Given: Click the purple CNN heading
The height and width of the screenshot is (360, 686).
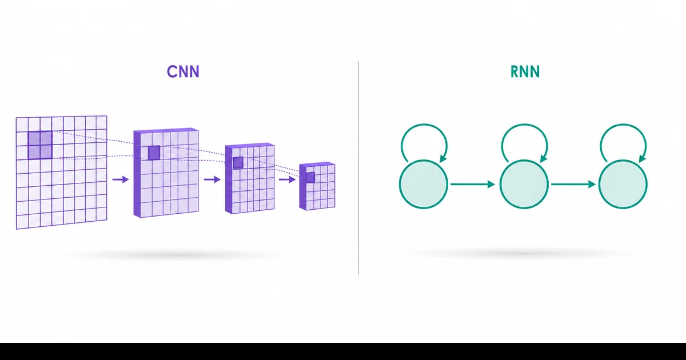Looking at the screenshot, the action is pyautogui.click(x=183, y=71).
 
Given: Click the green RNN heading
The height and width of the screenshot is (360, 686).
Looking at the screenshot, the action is pyautogui.click(x=525, y=71).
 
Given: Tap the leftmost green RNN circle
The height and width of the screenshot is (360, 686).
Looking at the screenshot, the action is pyautogui.click(x=424, y=184).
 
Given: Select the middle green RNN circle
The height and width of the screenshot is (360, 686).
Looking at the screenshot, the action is pyautogui.click(x=524, y=184).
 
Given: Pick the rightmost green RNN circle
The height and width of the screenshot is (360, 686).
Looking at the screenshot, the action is pyautogui.click(x=623, y=184).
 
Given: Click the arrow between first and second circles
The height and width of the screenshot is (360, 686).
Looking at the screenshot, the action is pyautogui.click(x=473, y=184).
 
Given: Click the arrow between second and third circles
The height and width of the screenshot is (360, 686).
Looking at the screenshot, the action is pyautogui.click(x=573, y=184).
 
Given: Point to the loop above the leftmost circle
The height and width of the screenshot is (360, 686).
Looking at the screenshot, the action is pyautogui.click(x=424, y=125).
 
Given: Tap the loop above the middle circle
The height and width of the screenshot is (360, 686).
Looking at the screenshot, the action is pyautogui.click(x=524, y=125).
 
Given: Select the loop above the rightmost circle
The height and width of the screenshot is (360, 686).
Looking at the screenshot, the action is pyautogui.click(x=623, y=125).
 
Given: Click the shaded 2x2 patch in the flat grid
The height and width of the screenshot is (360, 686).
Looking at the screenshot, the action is pyautogui.click(x=40, y=145).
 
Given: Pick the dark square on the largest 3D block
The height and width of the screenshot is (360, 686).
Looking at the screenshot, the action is pyautogui.click(x=154, y=153).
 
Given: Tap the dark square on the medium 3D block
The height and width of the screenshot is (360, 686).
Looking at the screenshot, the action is pyautogui.click(x=238, y=162).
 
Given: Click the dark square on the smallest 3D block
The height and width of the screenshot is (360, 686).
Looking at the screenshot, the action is pyautogui.click(x=310, y=178).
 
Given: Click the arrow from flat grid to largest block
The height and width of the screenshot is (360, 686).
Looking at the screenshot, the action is pyautogui.click(x=121, y=179).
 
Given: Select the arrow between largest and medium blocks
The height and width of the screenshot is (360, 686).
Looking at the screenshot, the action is pyautogui.click(x=212, y=179).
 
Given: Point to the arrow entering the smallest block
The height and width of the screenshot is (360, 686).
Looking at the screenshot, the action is pyautogui.click(x=287, y=179).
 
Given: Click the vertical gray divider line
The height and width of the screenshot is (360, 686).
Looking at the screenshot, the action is pyautogui.click(x=358, y=168).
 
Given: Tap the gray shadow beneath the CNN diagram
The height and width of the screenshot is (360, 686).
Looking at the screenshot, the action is pyautogui.click(x=171, y=254).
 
